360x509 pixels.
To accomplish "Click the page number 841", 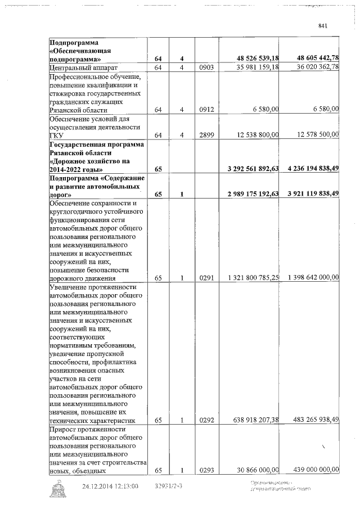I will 322,26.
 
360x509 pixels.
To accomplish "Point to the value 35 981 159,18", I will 255,67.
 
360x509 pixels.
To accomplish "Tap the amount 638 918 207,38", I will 255,420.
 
